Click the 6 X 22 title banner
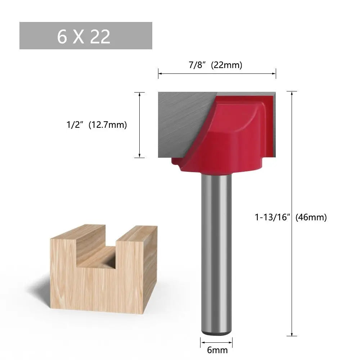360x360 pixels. [86, 36]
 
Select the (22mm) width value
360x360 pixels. [226, 65]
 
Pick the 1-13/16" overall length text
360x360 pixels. [273, 217]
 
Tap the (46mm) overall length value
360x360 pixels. [311, 217]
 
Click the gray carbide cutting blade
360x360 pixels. [180, 122]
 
